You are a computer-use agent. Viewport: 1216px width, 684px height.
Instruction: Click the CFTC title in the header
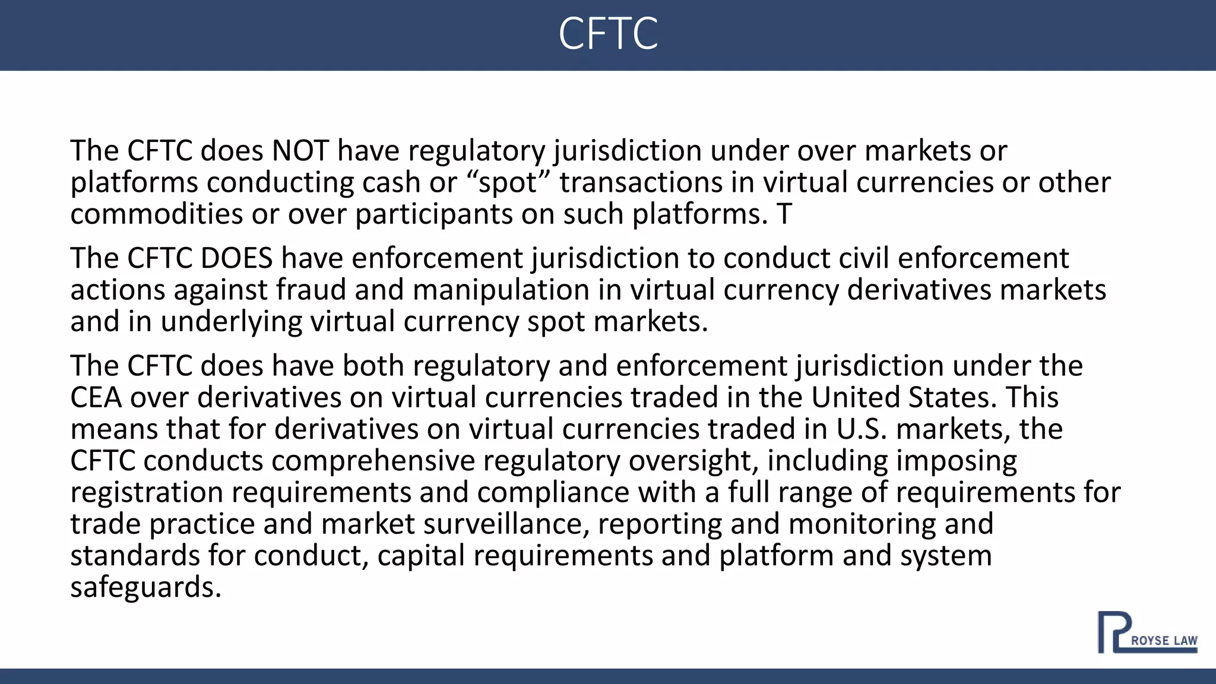pos(608,34)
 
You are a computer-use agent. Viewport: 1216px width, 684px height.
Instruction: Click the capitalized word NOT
pos(300,151)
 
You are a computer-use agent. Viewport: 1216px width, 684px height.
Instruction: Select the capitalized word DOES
pos(236,258)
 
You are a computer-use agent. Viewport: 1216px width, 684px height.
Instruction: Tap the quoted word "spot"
pos(508,182)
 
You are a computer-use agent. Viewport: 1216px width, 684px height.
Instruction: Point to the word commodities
pos(156,214)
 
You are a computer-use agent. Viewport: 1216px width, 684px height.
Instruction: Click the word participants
pos(433,215)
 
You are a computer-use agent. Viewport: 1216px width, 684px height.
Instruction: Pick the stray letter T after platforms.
pos(784,214)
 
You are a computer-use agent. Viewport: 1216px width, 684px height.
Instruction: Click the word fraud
pos(311,290)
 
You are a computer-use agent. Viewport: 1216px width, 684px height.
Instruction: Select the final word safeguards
pos(145,588)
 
